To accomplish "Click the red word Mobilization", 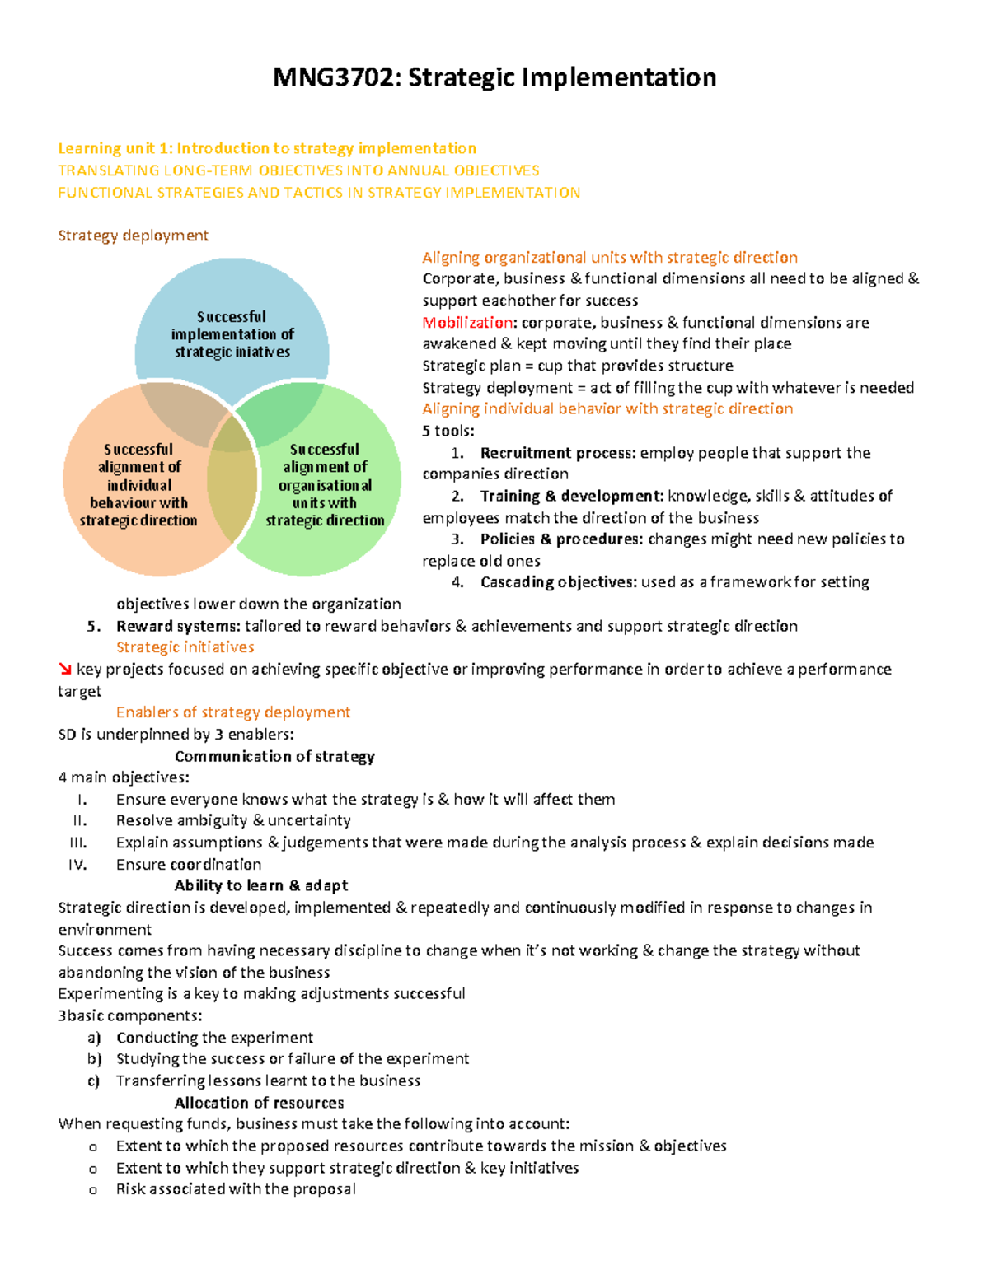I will (x=467, y=322).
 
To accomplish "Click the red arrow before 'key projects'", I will (x=65, y=670).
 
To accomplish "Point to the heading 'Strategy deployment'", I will (x=133, y=236).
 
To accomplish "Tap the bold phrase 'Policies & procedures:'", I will (x=561, y=539).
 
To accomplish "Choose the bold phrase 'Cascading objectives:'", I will (x=558, y=582).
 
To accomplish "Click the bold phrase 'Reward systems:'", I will (x=178, y=626).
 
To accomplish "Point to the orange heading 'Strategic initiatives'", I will (x=185, y=647).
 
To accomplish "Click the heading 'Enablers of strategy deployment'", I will (x=233, y=712).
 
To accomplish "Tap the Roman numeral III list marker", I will (x=79, y=843).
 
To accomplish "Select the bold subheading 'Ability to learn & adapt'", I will (x=260, y=885).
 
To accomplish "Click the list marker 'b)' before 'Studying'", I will (x=94, y=1059).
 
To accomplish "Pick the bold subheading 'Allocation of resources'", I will (x=259, y=1103).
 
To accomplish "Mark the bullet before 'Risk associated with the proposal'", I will (x=93, y=1190).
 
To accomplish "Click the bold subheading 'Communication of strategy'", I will (x=274, y=756).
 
